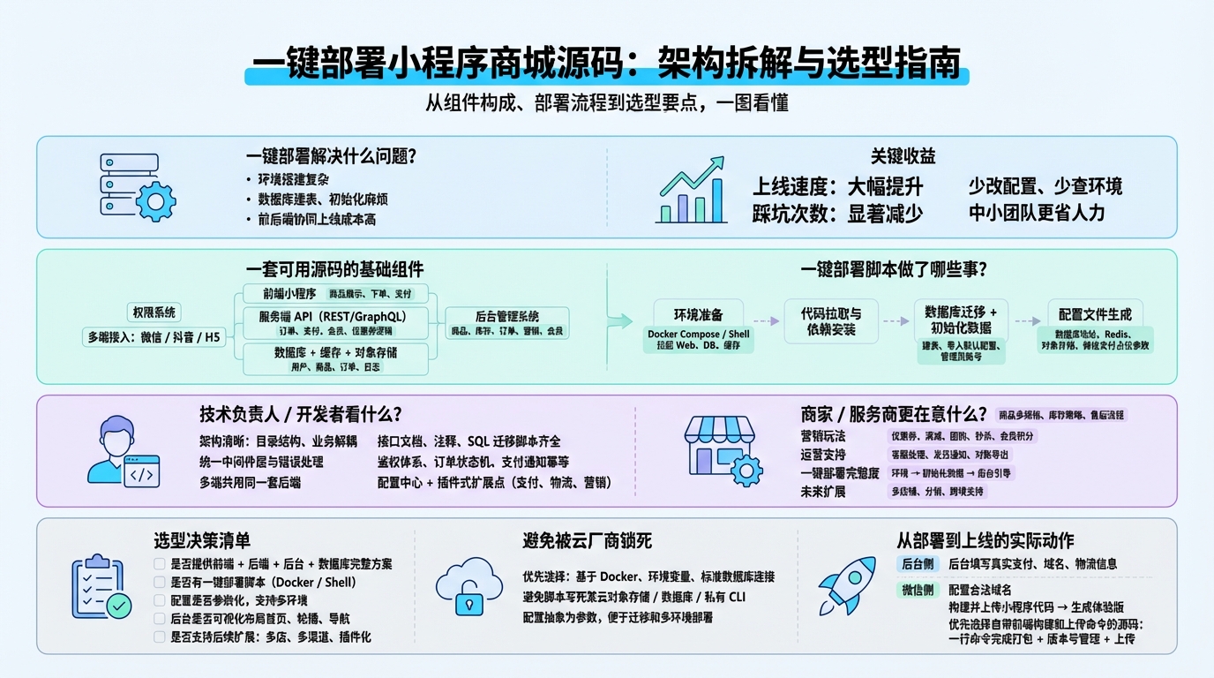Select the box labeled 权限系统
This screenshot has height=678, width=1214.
coord(154,312)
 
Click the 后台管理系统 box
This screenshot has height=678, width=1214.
coord(507,323)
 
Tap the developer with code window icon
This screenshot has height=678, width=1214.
coord(124,451)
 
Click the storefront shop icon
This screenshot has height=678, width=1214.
coord(722,451)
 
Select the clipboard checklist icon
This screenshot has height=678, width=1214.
coord(100,587)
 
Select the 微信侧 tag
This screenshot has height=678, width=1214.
coord(917,590)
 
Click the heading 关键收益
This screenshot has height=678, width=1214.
coord(903,157)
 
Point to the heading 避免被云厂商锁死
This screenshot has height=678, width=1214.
coord(587,540)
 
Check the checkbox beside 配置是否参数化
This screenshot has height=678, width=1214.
coord(160,600)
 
